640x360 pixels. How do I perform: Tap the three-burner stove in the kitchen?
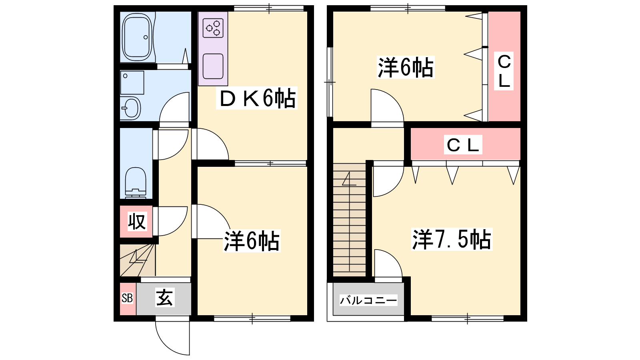(x=213, y=28)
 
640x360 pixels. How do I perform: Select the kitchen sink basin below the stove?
(x=213, y=66)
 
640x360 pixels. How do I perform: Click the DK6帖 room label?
(x=256, y=98)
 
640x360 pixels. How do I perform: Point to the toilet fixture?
(x=136, y=183)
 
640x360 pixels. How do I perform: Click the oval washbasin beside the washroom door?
(x=130, y=108)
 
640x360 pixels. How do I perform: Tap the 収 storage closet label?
(x=137, y=222)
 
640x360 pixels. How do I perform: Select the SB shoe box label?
(x=127, y=298)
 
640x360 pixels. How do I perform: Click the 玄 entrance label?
(x=164, y=298)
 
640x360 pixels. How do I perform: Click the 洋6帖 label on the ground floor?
(x=252, y=241)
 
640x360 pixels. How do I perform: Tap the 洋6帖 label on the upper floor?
(x=406, y=68)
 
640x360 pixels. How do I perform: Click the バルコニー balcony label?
(x=368, y=300)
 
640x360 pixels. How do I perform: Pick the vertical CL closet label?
(x=504, y=71)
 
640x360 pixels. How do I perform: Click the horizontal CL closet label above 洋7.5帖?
(x=463, y=145)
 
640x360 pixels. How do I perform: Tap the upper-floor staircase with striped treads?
(x=350, y=220)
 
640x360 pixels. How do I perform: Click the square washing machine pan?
(x=132, y=82)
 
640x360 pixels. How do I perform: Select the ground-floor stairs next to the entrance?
(x=138, y=260)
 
